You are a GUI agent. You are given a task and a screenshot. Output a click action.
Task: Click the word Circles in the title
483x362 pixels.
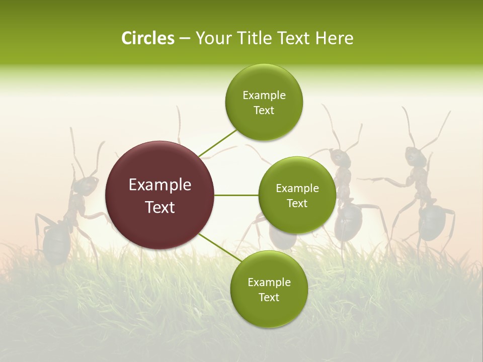147,38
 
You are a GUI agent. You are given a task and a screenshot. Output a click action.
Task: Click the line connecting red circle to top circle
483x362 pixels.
217,142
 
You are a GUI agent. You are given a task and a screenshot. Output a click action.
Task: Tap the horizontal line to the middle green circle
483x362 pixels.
236,195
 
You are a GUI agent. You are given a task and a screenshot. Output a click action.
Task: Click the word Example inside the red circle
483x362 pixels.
160,185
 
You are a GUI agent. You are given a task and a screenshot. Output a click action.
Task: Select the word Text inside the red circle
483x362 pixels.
160,207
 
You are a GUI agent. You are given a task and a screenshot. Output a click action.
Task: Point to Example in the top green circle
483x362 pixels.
264,96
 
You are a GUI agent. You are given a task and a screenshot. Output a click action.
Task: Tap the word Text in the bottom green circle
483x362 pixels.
269,298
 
